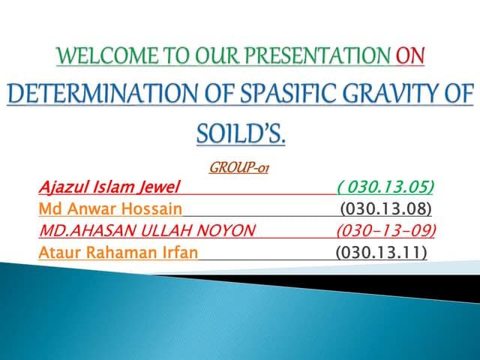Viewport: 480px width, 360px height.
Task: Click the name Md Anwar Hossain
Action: click(x=109, y=208)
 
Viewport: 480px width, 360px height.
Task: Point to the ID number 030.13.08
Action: click(x=386, y=208)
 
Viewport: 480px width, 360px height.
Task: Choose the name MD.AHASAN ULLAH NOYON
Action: click(x=146, y=230)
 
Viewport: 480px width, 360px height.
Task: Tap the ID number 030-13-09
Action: click(x=386, y=230)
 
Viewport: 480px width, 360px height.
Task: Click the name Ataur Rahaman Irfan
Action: click(x=118, y=253)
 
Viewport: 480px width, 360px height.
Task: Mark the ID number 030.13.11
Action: click(x=382, y=253)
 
